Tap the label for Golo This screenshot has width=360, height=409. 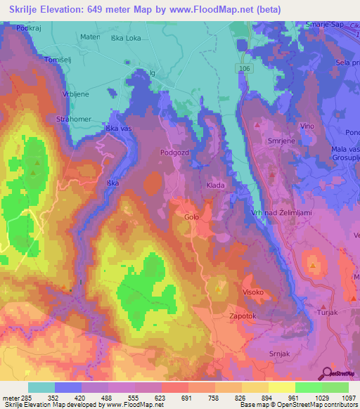pos(191,217)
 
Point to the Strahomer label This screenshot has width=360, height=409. pos(73,119)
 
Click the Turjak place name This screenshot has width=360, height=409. pos(330,311)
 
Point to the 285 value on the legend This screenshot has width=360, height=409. pos(22,398)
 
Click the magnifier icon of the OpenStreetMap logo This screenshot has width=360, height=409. pos(326,372)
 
